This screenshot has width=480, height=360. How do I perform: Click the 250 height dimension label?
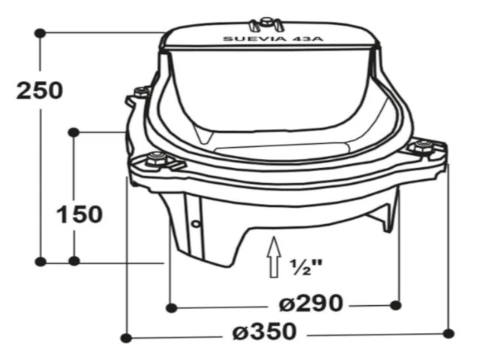[40, 91]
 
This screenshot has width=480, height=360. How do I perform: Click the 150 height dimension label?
[79, 214]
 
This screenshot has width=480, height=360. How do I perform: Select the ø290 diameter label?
[310, 303]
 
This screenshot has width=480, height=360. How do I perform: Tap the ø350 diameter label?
[265, 331]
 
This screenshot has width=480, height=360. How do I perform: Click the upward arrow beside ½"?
[274, 257]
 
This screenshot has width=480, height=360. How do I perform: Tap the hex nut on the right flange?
[423, 146]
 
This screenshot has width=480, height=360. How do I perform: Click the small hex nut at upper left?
[142, 91]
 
